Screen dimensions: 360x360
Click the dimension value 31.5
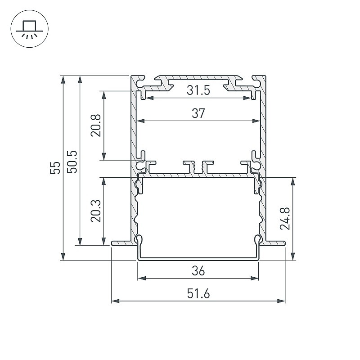[x=198, y=90]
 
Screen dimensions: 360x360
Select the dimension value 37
[x=198, y=113]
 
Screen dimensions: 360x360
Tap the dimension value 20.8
[x=96, y=126]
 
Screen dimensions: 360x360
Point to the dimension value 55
[x=55, y=167]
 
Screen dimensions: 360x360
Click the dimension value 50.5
[x=72, y=162]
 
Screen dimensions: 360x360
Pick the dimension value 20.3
[x=96, y=211]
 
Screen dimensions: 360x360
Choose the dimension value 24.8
[x=285, y=218]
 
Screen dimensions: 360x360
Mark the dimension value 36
[x=198, y=271]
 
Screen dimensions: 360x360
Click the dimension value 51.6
[x=198, y=294]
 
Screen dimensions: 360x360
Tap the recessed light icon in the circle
[x=29, y=29]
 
